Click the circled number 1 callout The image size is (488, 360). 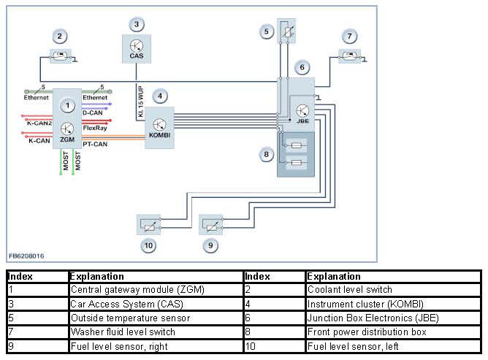(67, 106)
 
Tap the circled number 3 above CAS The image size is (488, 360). (137, 24)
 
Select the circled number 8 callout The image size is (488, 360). (267, 154)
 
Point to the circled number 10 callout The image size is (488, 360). (148, 245)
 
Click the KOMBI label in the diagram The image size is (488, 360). (160, 135)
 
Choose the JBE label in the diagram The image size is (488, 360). (303, 120)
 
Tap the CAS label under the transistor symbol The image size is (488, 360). (137, 56)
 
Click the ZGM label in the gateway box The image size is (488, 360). (67, 139)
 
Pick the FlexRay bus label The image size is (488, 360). (95, 128)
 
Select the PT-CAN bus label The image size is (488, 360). (95, 144)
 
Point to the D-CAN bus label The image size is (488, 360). (93, 112)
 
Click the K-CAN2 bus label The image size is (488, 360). (39, 123)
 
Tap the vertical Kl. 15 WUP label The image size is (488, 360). (141, 102)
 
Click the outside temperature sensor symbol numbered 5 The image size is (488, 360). (286, 31)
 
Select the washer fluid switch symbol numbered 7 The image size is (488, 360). (349, 56)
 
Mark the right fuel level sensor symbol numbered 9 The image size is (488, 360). (211, 225)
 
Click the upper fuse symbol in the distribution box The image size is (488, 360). (297, 145)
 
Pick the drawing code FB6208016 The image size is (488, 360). (26, 256)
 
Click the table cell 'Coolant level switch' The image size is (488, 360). (349, 290)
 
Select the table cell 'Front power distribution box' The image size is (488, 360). (367, 332)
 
